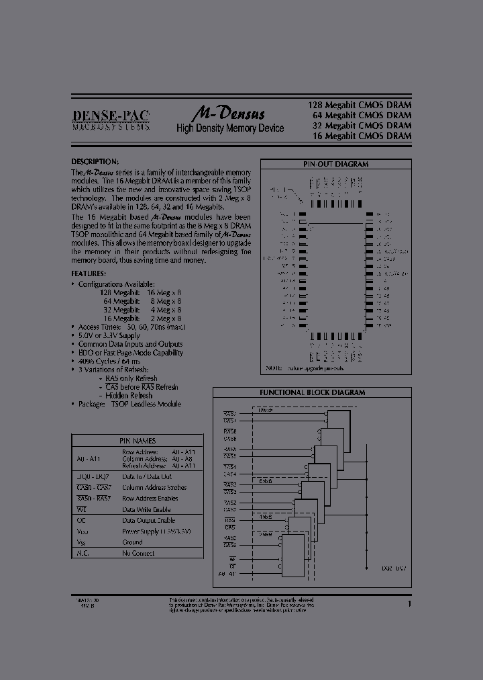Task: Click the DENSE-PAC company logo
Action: (x=111, y=119)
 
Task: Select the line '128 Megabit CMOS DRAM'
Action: (x=359, y=105)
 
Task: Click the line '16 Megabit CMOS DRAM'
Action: (x=362, y=136)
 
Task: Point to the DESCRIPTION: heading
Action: (x=95, y=162)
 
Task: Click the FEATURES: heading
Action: (x=89, y=273)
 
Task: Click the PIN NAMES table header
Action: (x=138, y=441)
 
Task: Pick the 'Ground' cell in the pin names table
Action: (x=132, y=542)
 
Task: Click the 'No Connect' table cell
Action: (x=138, y=553)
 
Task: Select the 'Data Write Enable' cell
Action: (x=146, y=509)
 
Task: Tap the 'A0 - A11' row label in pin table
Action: (x=88, y=458)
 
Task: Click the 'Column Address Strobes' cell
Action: (x=154, y=487)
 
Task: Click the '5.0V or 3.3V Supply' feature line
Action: (x=109, y=335)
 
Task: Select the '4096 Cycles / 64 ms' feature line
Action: (x=110, y=361)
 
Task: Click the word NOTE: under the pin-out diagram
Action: (x=274, y=369)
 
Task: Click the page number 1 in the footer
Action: (x=409, y=605)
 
